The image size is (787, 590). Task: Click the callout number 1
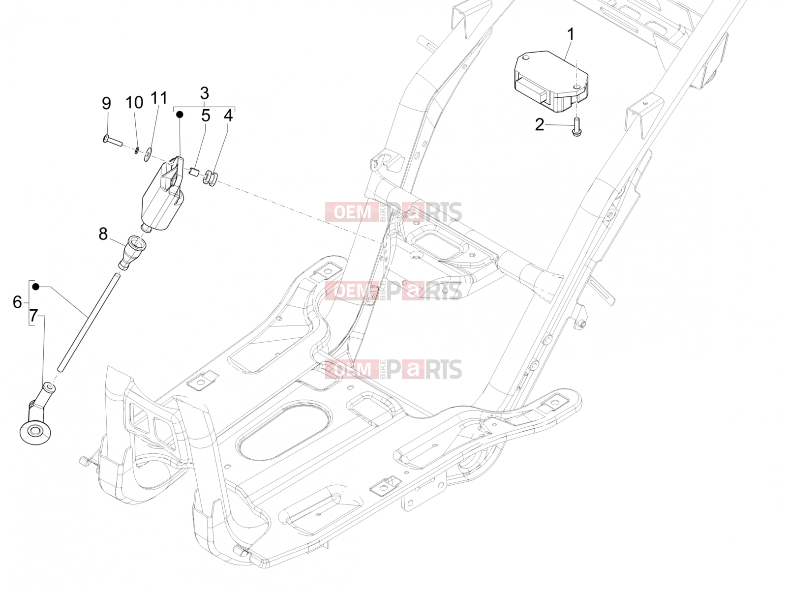[x=571, y=35]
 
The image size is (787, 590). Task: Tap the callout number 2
[x=539, y=125]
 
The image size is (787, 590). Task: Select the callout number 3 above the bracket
[x=204, y=93]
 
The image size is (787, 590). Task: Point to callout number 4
[x=228, y=116]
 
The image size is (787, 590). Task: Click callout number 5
[x=206, y=116]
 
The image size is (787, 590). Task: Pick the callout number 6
[x=17, y=302]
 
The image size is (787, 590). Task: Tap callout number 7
[x=33, y=316]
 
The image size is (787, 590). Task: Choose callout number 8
[x=103, y=235]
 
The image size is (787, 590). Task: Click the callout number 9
[x=106, y=103]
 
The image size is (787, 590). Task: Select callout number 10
[x=134, y=102]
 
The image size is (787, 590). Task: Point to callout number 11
[x=159, y=98]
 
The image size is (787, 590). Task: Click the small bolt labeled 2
[x=576, y=128]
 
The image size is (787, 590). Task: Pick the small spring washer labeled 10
[x=137, y=150]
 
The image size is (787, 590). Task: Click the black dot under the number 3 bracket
[x=180, y=114]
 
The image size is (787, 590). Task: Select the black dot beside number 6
[x=36, y=287]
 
